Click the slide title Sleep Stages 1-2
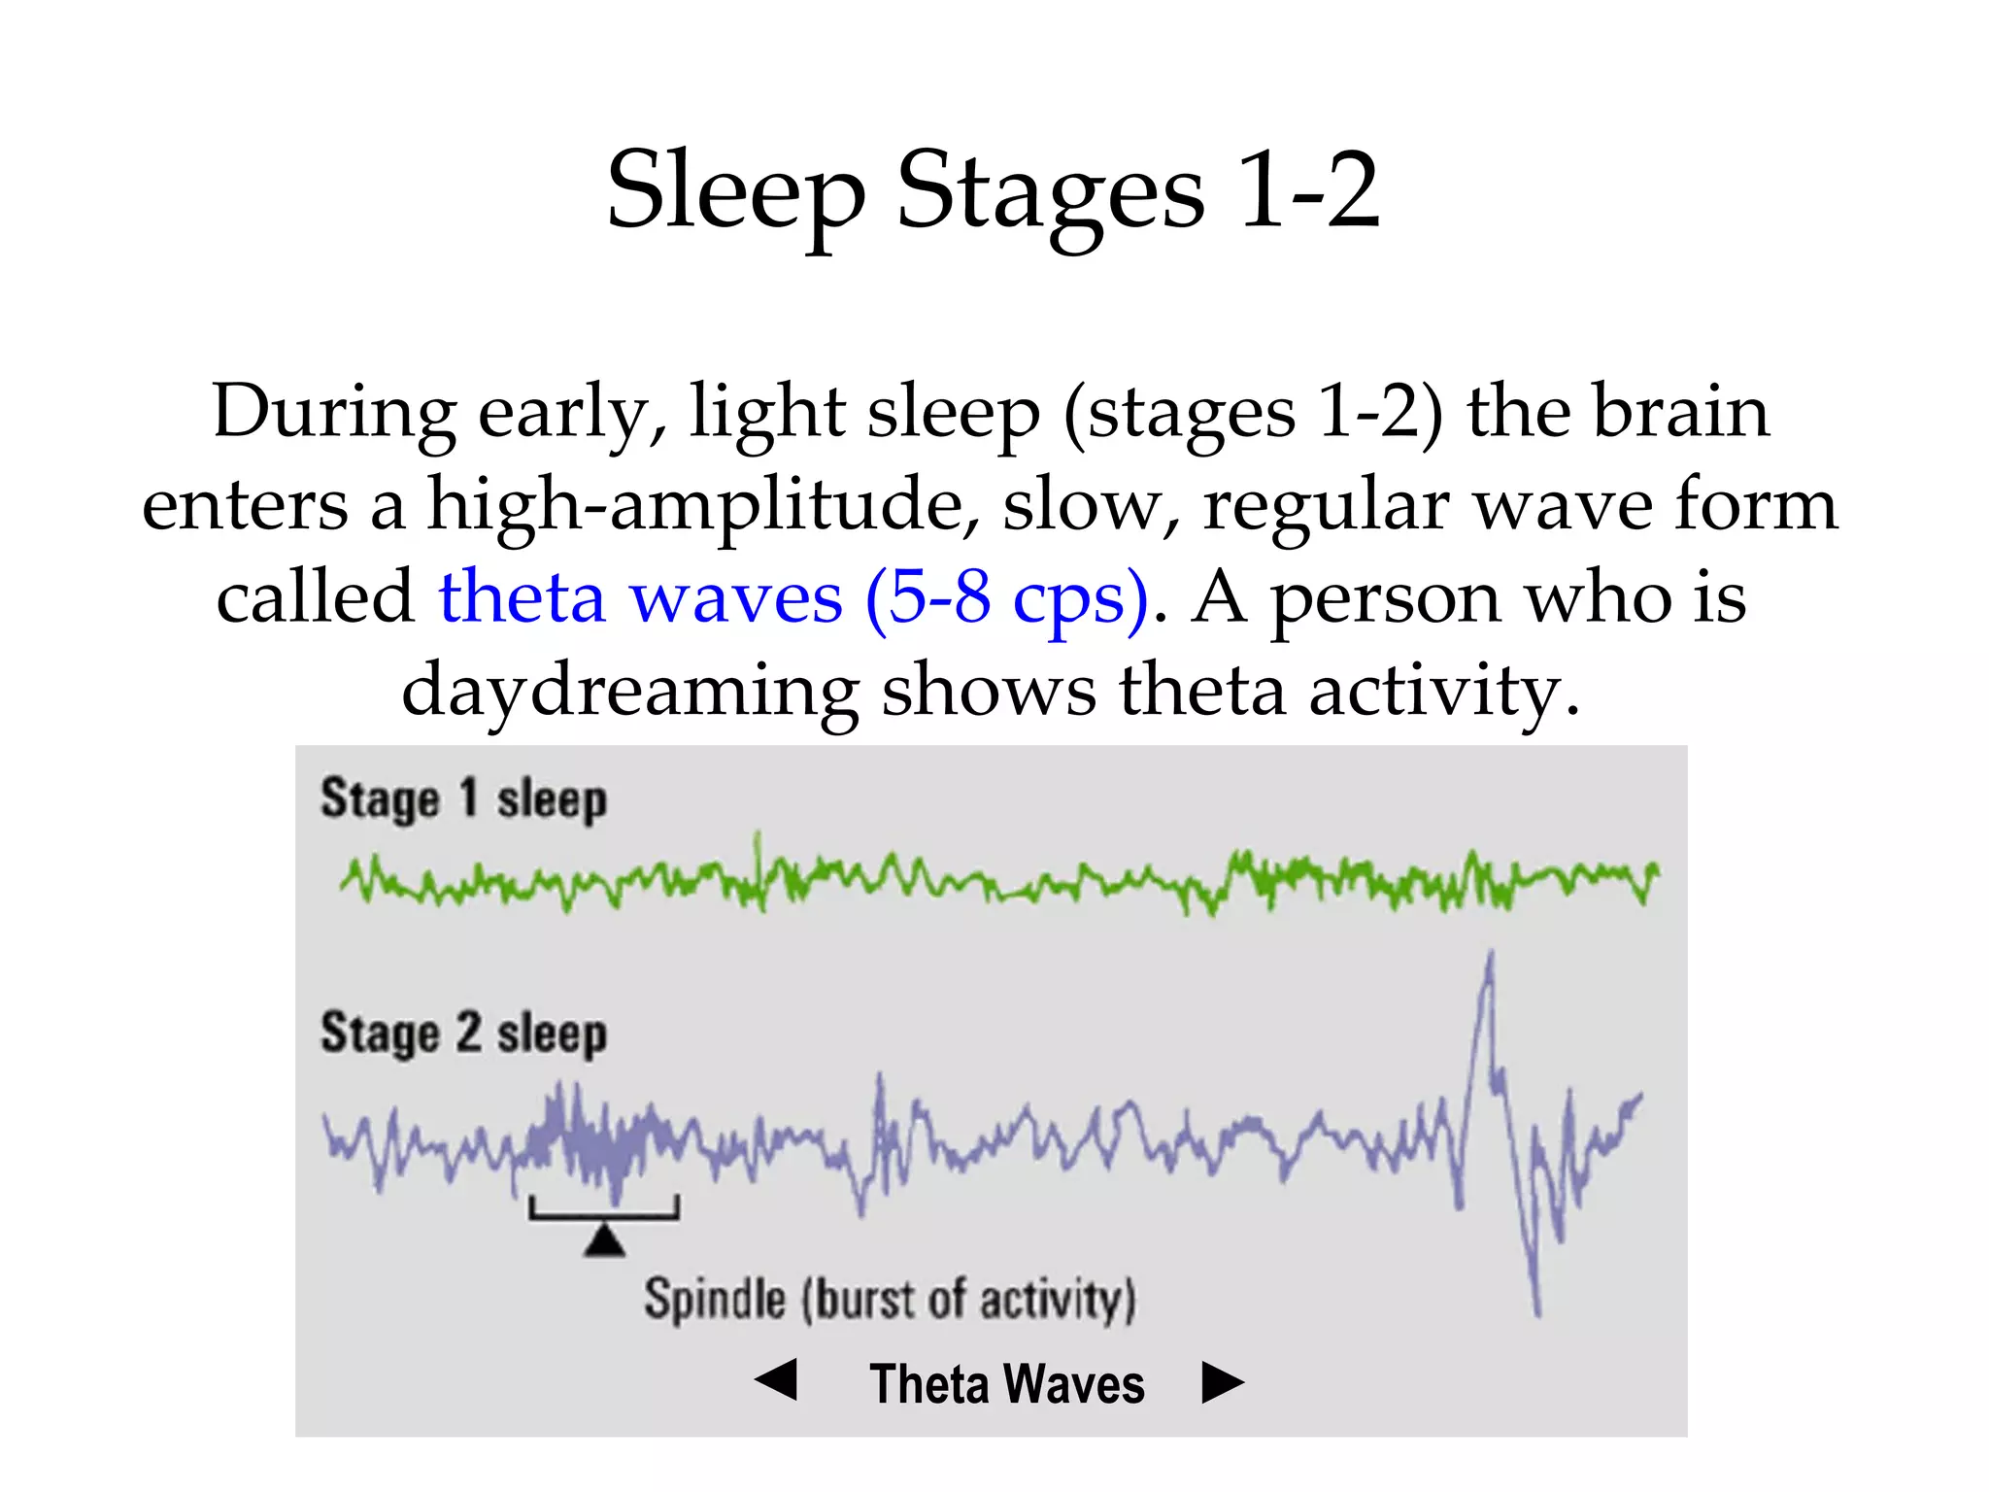tap(993, 191)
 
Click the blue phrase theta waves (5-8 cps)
tap(792, 596)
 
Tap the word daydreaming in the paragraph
tap(629, 690)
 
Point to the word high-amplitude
tap(703, 505)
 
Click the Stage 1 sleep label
tap(463, 800)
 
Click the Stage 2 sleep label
tap(463, 1034)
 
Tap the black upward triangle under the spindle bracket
tap(604, 1240)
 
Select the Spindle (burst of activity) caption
tap(890, 1300)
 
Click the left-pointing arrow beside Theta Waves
tap(777, 1380)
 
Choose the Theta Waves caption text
tap(1007, 1384)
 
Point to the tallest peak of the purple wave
tap(1490, 957)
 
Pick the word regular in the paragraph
tap(1327, 505)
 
